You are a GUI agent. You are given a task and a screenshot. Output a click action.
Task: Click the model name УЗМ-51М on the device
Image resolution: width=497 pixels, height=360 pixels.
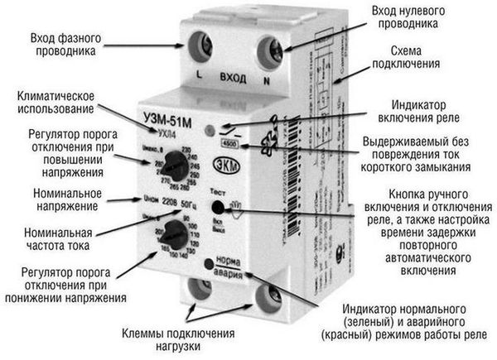176,119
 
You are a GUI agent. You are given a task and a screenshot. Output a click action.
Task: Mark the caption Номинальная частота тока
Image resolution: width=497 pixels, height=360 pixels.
55,239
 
